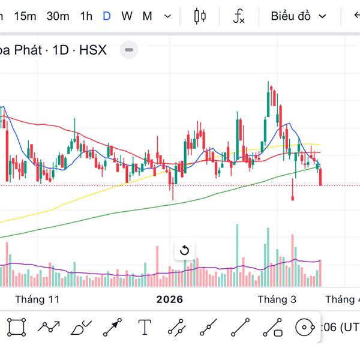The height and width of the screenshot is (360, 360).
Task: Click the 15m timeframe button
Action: pos(25,16)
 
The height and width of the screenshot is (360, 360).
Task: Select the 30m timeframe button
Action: pos(58,16)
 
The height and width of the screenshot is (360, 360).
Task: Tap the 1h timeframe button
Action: pos(86,16)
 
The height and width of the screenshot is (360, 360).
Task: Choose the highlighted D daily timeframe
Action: pos(107,16)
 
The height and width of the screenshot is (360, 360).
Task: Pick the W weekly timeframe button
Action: pos(127,16)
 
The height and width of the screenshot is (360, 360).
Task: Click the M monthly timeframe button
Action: pos(147,16)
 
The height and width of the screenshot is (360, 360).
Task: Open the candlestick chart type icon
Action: pos(200,16)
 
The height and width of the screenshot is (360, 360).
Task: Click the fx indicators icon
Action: pos(239,16)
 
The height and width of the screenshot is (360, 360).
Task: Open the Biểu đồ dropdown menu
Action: pos(298,16)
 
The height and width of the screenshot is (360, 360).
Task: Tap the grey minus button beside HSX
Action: pos(129,50)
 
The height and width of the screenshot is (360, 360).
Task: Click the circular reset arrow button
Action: pos(185,250)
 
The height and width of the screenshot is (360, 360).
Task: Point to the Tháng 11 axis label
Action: pos(38,299)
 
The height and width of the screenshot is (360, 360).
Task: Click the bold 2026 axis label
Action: pos(169,299)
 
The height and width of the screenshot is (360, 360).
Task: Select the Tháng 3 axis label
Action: pos(277,299)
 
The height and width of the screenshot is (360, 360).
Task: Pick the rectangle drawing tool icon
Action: pos(17,327)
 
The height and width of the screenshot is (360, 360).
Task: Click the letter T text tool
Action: pos(145,327)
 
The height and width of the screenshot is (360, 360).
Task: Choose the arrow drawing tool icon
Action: pos(112,327)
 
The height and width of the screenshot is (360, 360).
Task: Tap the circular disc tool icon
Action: pos(305,327)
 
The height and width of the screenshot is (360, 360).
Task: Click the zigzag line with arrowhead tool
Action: pos(49,327)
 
